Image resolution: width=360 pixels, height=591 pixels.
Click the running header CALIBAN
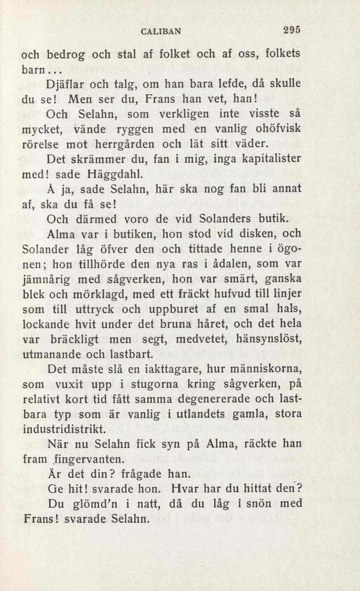(x=161, y=31)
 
